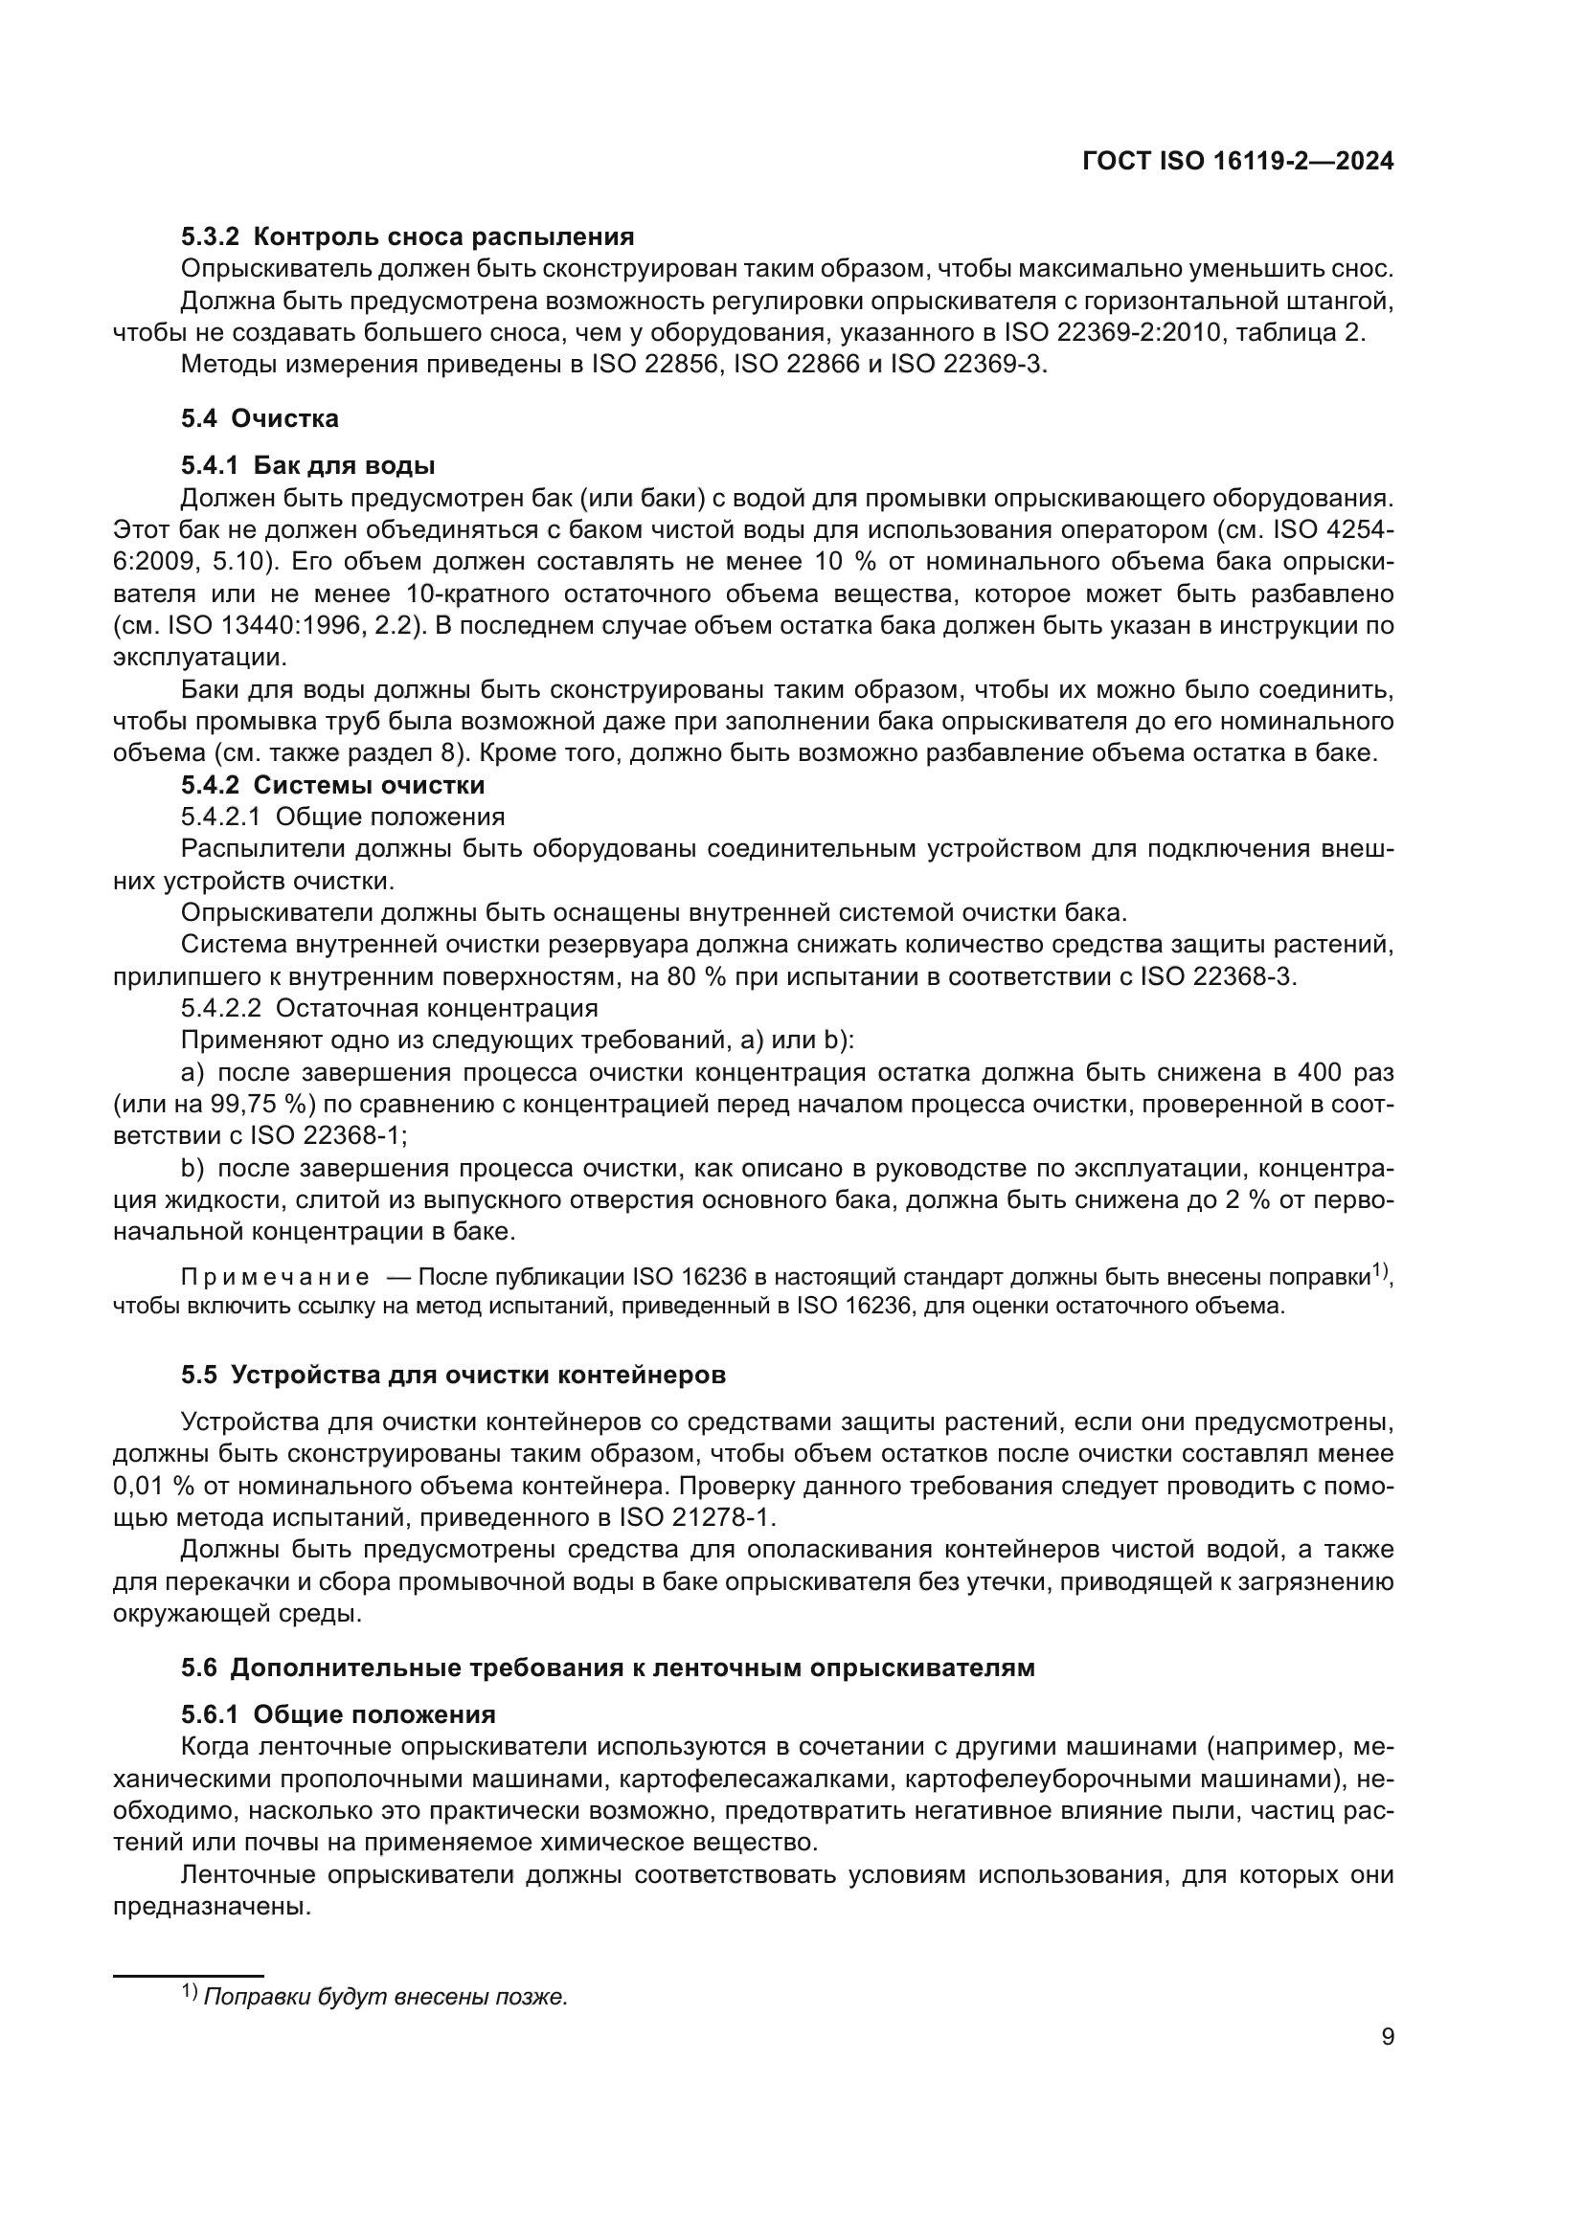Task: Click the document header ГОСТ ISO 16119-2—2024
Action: (1237, 162)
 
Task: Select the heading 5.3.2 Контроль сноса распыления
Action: (407, 236)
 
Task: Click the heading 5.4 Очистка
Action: (260, 418)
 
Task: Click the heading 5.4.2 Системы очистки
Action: (332, 784)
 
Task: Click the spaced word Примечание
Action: (275, 1278)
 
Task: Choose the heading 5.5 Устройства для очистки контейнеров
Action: (453, 1375)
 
